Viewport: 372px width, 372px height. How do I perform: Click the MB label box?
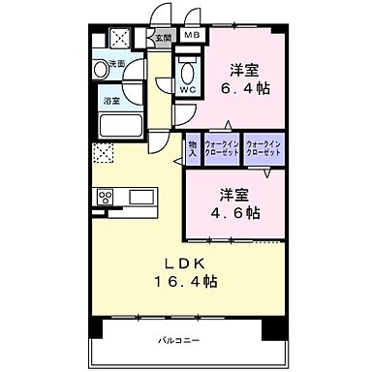click(x=193, y=37)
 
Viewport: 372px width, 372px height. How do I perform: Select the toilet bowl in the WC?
click(x=188, y=71)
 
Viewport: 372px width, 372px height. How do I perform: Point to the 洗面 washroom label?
click(x=116, y=64)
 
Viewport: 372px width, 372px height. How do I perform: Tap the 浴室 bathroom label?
click(x=112, y=100)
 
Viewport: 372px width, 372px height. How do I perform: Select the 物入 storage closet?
click(x=193, y=148)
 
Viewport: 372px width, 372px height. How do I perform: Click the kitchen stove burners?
click(x=106, y=198)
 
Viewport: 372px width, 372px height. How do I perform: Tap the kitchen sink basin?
click(x=140, y=198)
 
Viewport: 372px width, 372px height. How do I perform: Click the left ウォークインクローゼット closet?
click(x=222, y=148)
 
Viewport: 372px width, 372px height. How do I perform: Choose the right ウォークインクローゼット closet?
click(x=263, y=148)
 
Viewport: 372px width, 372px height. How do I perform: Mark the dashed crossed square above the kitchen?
click(x=103, y=154)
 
